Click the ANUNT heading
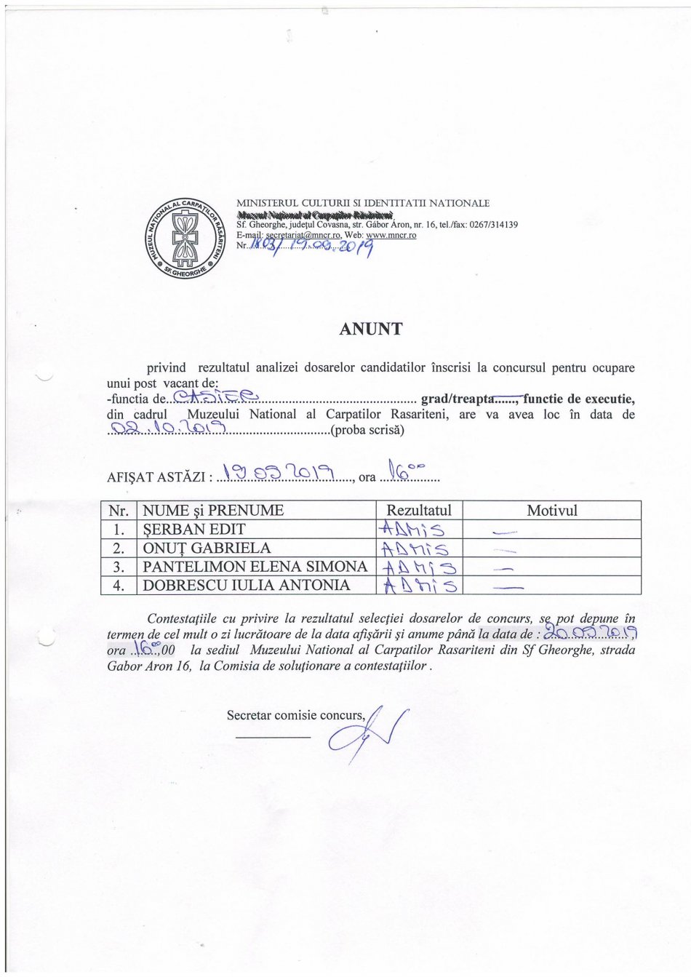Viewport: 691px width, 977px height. (x=370, y=329)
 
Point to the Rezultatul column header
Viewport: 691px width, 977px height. (x=419, y=510)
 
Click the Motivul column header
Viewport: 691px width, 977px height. (x=551, y=510)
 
